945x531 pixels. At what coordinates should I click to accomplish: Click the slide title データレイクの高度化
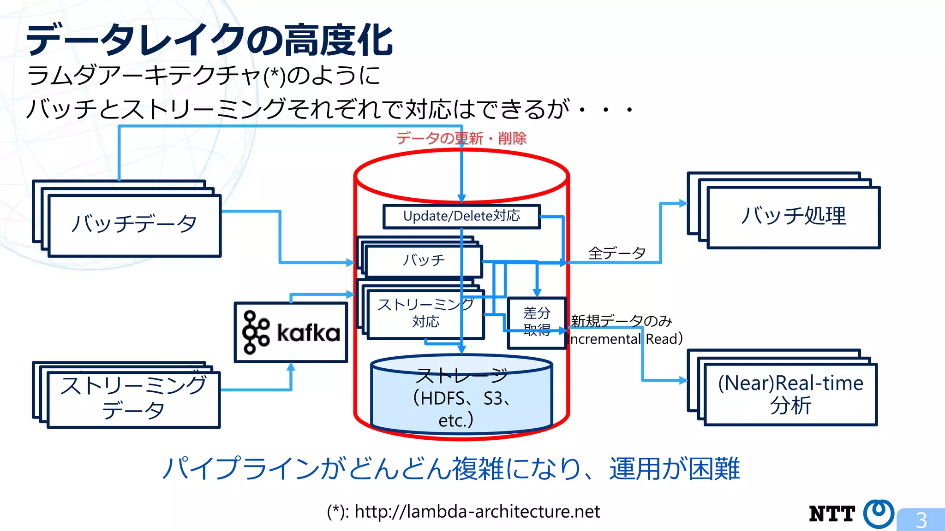[x=209, y=41]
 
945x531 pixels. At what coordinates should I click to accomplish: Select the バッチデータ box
[x=134, y=225]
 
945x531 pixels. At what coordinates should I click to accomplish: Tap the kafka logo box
[x=291, y=332]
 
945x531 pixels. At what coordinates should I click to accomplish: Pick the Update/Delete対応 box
[x=461, y=216]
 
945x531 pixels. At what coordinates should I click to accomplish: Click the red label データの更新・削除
[x=461, y=138]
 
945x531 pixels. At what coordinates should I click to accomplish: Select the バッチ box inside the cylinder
[x=424, y=261]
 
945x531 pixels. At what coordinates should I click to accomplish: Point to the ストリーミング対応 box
[x=425, y=314]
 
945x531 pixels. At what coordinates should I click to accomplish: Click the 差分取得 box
[x=537, y=322]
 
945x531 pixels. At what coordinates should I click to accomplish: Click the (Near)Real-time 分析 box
[x=790, y=394]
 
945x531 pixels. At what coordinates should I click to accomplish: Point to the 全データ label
[x=616, y=253]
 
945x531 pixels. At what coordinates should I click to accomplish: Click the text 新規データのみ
[x=621, y=321]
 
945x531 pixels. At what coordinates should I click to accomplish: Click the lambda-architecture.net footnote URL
[x=477, y=512]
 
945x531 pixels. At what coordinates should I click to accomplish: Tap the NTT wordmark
[x=832, y=514]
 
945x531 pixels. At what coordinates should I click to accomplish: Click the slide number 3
[x=921, y=520]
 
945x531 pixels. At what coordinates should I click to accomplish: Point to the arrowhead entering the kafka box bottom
[x=291, y=367]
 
